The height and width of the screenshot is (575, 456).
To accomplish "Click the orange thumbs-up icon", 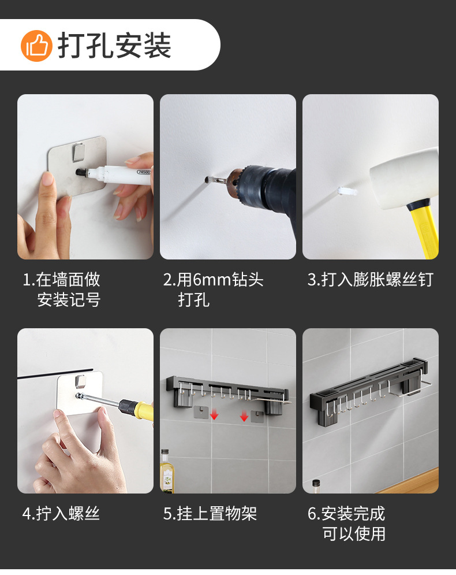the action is coord(36,46).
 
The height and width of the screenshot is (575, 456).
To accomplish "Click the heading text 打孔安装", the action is coord(114,46).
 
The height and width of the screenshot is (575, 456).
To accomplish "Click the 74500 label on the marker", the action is coord(144,172).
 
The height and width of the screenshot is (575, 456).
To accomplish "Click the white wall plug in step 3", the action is coord(347,191).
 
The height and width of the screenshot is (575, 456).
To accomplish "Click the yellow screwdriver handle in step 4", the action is coord(141,409).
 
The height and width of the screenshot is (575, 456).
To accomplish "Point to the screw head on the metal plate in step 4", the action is coord(78,396).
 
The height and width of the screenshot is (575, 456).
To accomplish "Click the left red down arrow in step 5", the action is coord(214,415).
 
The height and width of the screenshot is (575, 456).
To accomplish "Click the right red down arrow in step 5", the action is coord(244,416).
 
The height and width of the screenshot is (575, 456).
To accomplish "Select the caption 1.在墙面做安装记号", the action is coord(61,290).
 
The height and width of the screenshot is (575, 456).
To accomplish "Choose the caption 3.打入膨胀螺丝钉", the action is coord(371,280).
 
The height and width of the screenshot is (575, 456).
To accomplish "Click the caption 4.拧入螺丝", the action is coord(61,514).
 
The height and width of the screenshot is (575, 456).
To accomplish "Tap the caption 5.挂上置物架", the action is coord(210,514).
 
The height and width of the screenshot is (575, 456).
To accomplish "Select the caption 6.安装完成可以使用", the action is coord(346,524).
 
